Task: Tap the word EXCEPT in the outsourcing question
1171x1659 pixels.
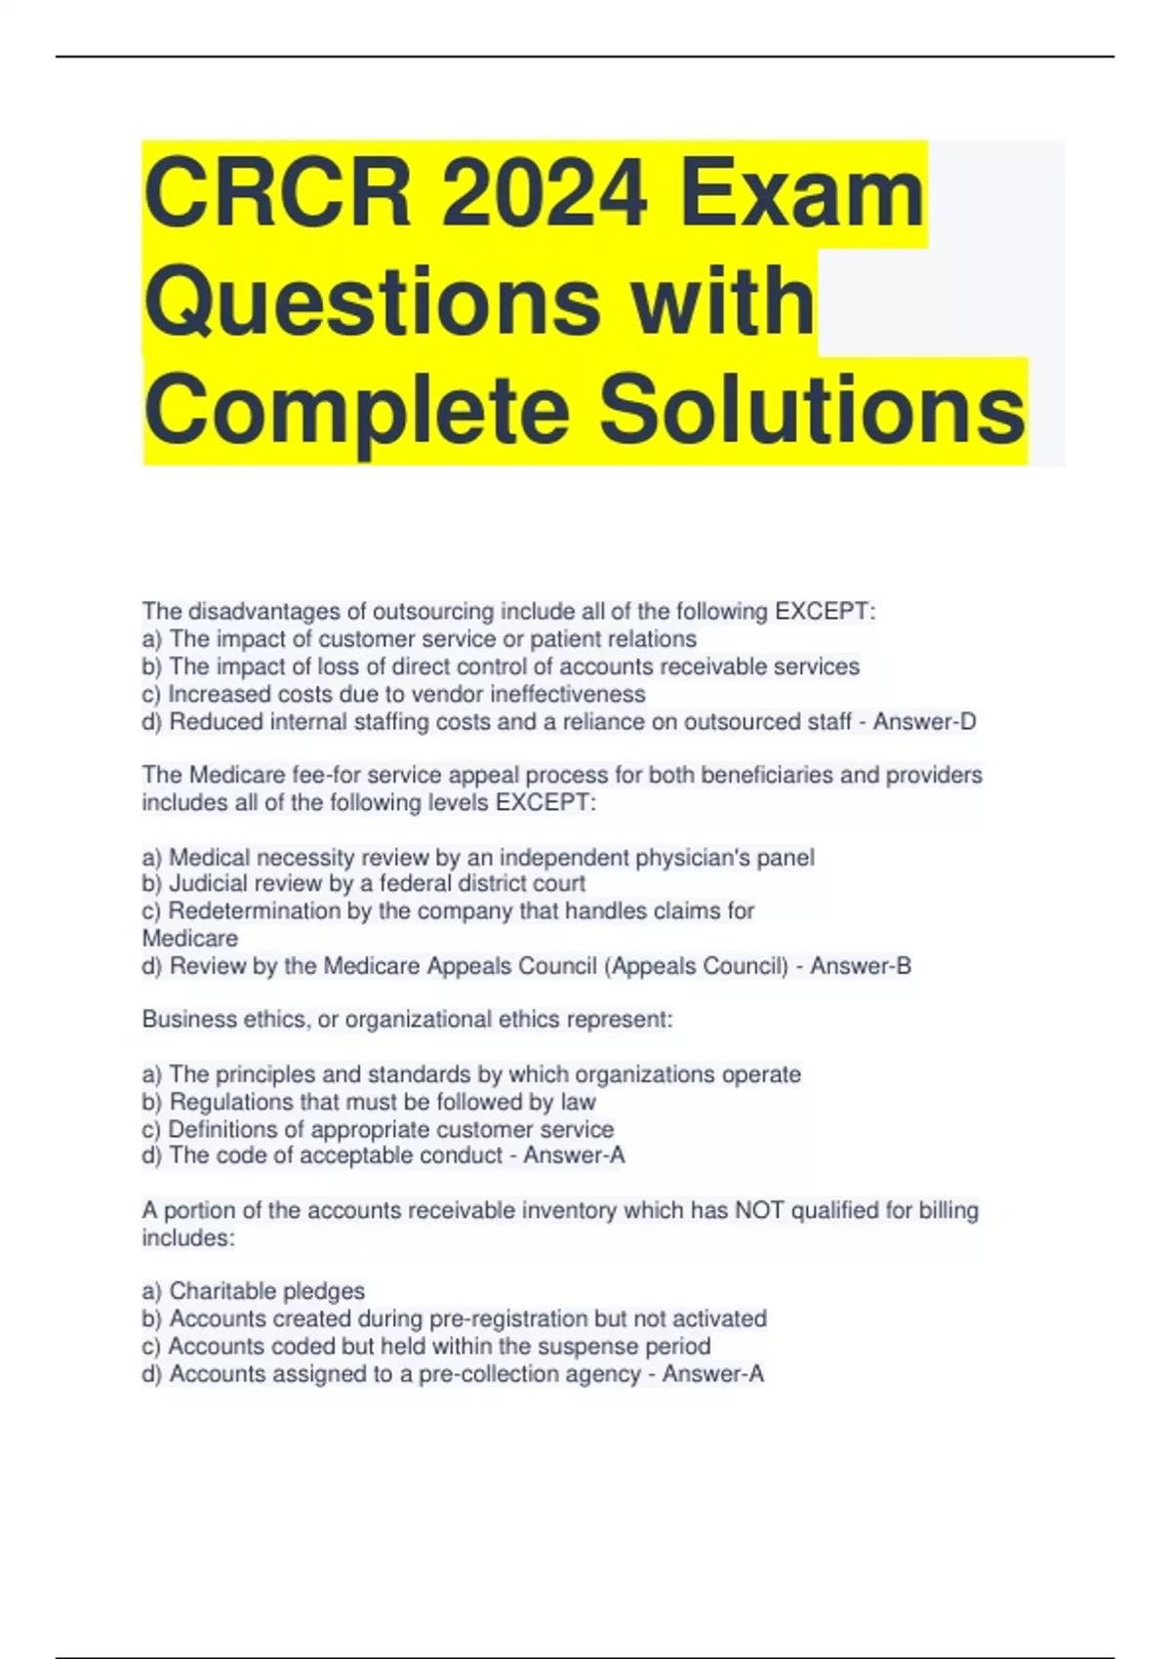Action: pos(822,612)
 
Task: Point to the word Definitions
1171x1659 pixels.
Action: pos(223,1129)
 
